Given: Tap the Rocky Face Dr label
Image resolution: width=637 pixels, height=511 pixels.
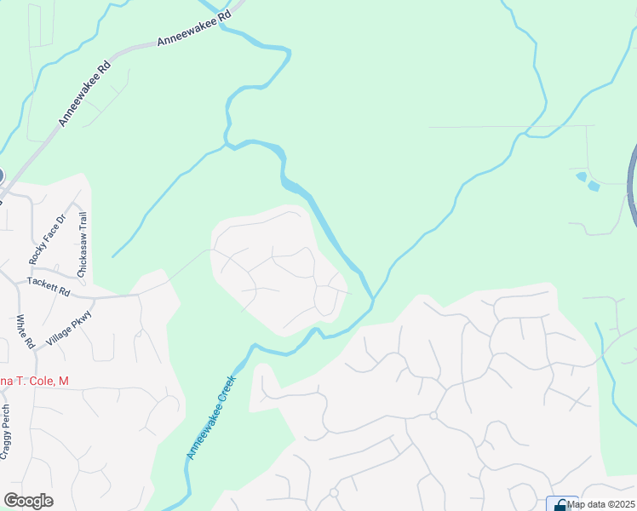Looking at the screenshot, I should pos(47,239).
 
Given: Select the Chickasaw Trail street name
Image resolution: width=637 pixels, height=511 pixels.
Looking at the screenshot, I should pos(83,244).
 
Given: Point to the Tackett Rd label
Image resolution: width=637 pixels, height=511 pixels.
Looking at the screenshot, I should pos(49,285).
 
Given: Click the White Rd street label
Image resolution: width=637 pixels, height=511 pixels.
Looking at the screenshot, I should pos(25,332).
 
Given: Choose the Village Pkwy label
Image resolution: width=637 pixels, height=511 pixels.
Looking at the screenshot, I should pos(69,328).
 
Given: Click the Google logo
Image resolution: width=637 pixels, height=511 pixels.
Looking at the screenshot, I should pos(28,501).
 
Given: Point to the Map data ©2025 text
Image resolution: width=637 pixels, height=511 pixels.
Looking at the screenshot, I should pos(601,504).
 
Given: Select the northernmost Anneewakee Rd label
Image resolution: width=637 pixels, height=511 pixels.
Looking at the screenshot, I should pos(194,29).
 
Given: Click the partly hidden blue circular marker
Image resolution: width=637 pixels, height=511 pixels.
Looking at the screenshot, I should pos(1,175).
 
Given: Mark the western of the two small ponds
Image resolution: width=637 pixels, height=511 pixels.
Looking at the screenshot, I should pos(581,176).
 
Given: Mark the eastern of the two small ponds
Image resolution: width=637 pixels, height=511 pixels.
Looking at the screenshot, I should pos(594,185).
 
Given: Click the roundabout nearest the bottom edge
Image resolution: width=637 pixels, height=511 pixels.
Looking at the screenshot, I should pos(334,493).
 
